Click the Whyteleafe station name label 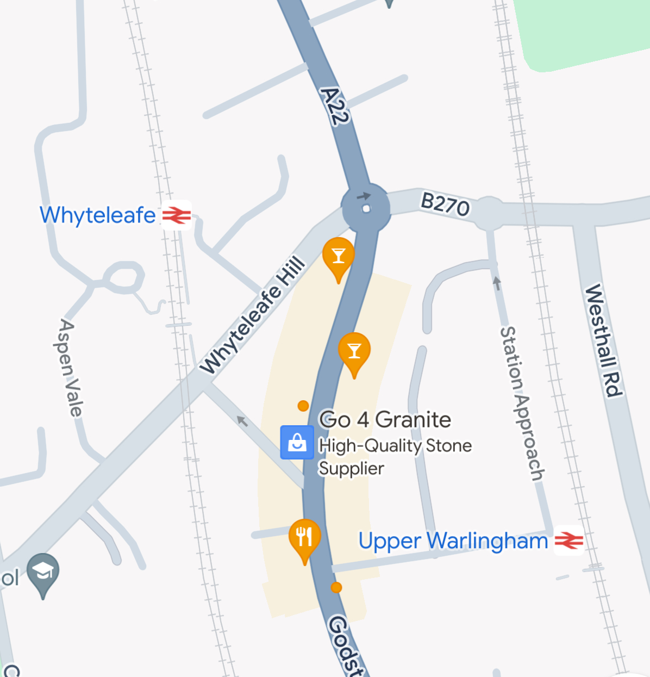click(98, 215)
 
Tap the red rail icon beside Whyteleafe click(177, 215)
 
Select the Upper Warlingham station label click(453, 541)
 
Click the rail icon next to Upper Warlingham click(568, 541)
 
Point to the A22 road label click(334, 106)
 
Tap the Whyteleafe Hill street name click(253, 315)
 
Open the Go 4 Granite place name click(385, 420)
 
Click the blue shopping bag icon click(297, 442)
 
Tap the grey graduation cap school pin click(43, 573)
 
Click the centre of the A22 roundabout click(366, 208)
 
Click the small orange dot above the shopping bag click(303, 406)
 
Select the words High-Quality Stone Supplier click(395, 457)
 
